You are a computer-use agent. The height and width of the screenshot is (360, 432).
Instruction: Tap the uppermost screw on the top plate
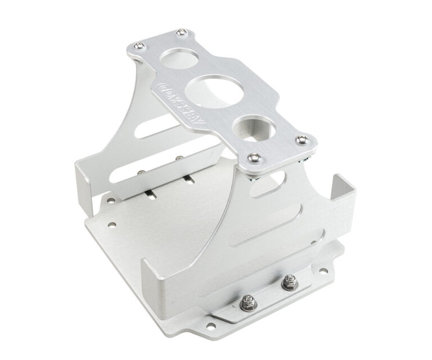pos(181,33)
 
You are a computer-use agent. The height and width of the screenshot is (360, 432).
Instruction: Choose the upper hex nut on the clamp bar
pos(289,281)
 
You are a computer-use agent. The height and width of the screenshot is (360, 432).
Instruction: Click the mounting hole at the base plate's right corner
pos(324,271)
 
